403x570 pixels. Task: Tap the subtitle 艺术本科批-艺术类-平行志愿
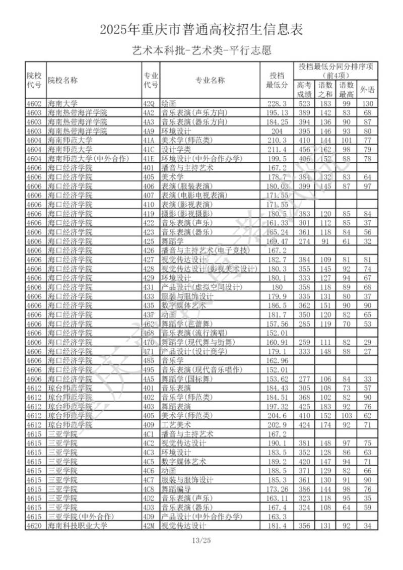coord(201,50)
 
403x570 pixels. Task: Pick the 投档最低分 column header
coord(277,80)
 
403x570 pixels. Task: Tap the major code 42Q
coord(149,104)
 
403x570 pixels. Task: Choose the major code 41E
coord(149,158)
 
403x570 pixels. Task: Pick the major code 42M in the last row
coord(149,526)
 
